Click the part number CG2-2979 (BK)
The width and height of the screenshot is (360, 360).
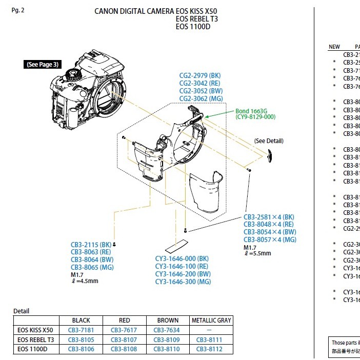coord(200,76)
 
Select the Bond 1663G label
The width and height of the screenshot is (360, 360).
coord(252,111)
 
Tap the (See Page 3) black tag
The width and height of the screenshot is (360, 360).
coord(43,64)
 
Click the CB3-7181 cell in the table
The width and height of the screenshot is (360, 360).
coord(81,330)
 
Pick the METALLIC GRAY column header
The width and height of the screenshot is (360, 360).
coord(211,321)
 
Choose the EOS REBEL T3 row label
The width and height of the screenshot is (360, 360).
coord(36,339)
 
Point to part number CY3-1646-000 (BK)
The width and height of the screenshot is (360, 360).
coord(183,258)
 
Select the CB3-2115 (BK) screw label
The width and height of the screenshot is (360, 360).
coord(91,245)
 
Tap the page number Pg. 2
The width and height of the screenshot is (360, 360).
coord(18,10)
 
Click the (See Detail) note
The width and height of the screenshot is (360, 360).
coord(269,141)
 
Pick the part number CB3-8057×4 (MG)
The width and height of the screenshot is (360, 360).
coord(270,239)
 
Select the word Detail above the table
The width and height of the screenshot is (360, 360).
coord(21,311)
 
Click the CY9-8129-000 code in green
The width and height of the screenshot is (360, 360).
coord(255,117)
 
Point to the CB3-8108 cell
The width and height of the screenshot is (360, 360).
coord(124,349)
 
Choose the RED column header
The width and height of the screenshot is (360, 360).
coord(124,321)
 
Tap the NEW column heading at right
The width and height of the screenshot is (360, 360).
coord(334,47)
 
